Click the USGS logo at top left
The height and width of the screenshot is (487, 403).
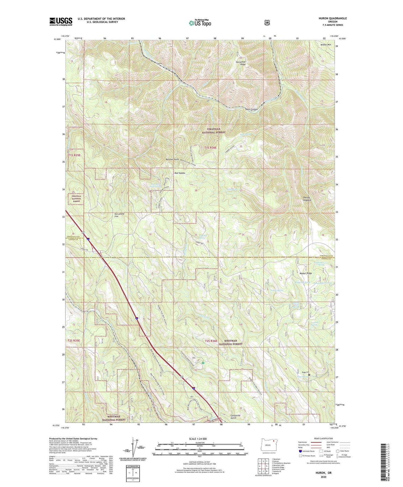pyautogui.click(x=61, y=21)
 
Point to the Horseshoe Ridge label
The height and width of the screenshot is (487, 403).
pyautogui.click(x=241, y=63)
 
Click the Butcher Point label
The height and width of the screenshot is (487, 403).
pyautogui.click(x=172, y=159)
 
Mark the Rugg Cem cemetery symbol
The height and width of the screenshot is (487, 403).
pyautogui.click(x=309, y=374)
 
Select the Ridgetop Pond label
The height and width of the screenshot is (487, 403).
pyautogui.click(x=303, y=282)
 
